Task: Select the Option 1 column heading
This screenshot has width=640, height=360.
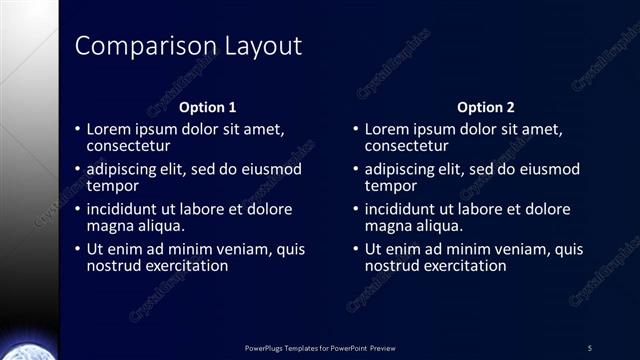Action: coord(207,107)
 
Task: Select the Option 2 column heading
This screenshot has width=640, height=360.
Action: coord(485,107)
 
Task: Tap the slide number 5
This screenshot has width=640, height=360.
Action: coord(589,347)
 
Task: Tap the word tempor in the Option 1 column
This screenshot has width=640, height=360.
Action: coord(112,186)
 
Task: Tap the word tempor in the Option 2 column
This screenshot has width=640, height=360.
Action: coord(390,186)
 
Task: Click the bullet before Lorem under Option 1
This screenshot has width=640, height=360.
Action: coord(78,130)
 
